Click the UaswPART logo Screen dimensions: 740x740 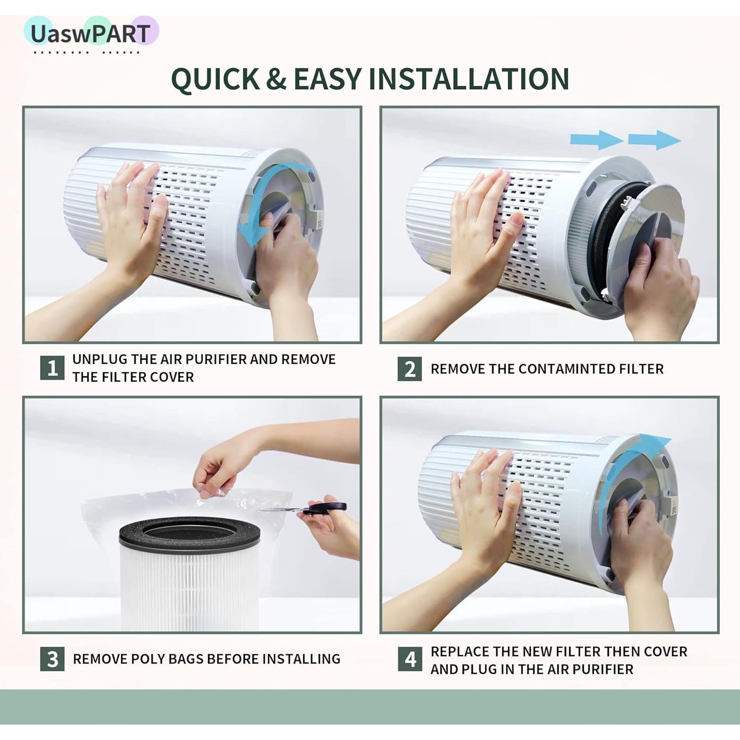click(90, 34)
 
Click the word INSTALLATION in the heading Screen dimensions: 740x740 click(469, 79)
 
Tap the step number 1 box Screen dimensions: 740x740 click(52, 368)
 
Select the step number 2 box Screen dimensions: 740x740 click(409, 369)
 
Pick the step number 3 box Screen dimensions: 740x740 click(52, 659)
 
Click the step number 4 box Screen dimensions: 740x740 click(410, 660)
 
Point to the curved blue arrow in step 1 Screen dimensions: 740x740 click(257, 212)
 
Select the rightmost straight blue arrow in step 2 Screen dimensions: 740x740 click(654, 140)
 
